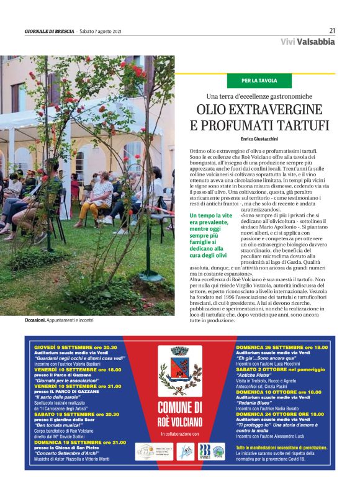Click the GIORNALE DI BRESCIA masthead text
(x=49, y=31)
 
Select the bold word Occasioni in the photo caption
(x=35, y=320)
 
